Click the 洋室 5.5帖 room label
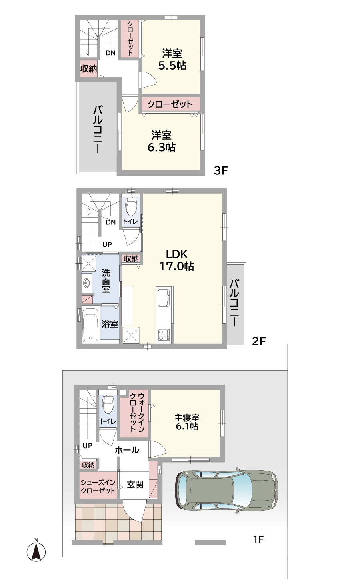(x=172, y=60)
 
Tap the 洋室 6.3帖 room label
(x=161, y=141)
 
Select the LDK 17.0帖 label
(x=177, y=260)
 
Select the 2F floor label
(x=259, y=341)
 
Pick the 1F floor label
(x=258, y=539)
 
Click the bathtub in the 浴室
(x=90, y=325)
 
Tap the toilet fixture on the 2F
(x=131, y=206)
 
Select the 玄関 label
(x=135, y=485)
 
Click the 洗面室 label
(x=106, y=281)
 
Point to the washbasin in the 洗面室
(x=87, y=284)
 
